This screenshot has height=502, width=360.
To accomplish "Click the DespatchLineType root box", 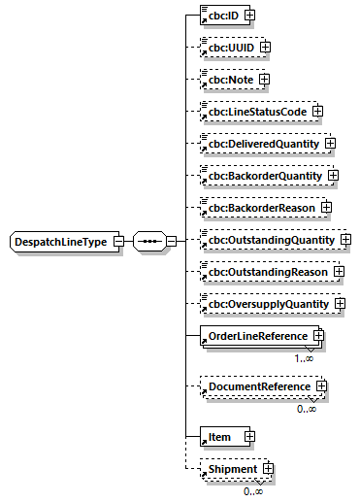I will (x=59, y=241).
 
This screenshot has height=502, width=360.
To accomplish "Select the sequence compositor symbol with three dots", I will (x=147, y=241).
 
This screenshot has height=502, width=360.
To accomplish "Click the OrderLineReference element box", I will (x=252, y=336).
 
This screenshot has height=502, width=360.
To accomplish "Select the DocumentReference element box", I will (x=254, y=386).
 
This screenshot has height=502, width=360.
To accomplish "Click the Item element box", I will (x=219, y=437).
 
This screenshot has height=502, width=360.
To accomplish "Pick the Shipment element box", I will (x=230, y=469).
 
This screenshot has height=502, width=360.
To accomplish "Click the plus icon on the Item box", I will (x=249, y=437).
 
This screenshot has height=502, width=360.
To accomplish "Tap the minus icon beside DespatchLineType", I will (x=117, y=241).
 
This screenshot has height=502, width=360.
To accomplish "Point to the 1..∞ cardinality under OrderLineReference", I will (x=305, y=358).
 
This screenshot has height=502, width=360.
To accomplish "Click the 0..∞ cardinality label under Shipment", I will (x=254, y=491).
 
